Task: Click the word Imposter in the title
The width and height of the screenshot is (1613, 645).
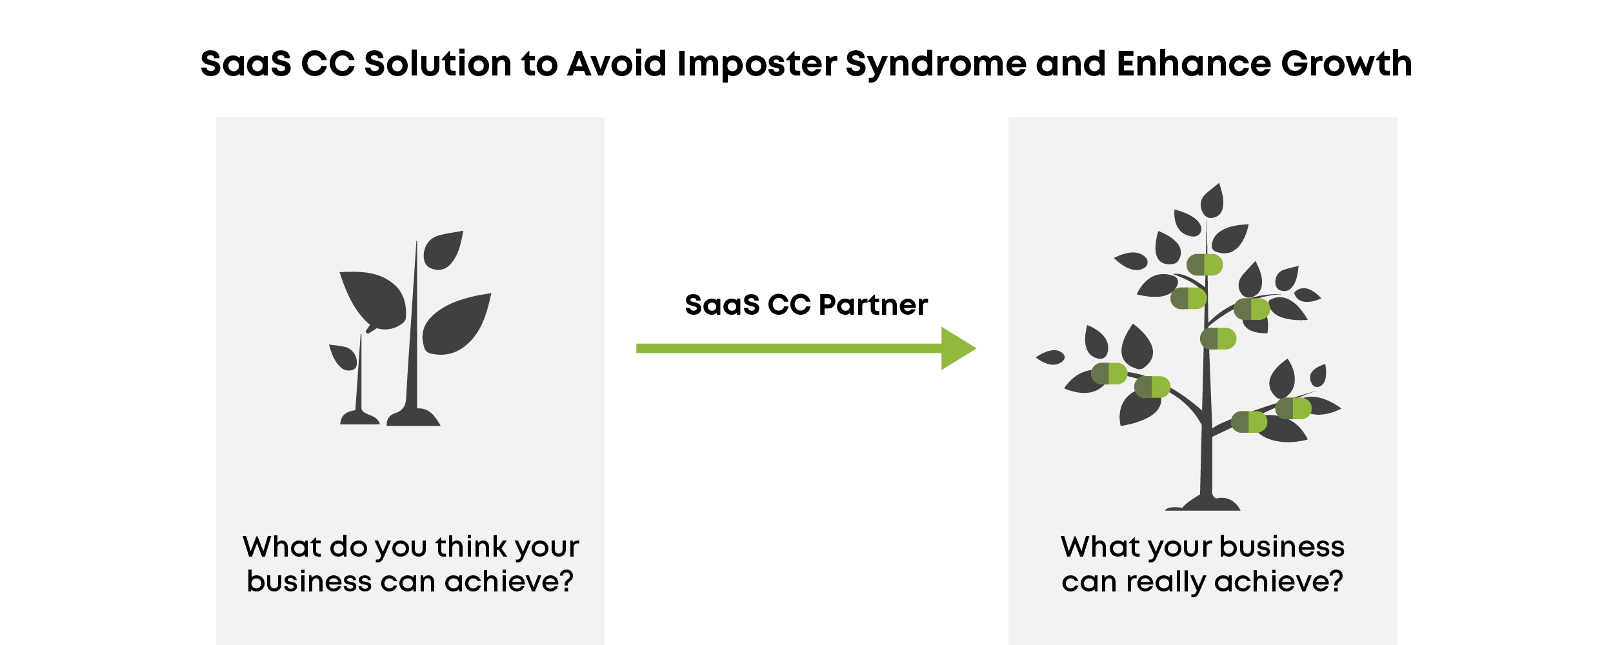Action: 757,64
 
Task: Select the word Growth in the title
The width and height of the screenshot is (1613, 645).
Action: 1347,64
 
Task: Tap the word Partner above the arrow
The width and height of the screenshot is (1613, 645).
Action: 873,305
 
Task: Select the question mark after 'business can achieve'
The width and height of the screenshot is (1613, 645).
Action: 566,581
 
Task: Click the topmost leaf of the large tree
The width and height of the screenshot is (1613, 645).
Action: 1212,201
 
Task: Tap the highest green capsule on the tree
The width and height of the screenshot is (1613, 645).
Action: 1205,264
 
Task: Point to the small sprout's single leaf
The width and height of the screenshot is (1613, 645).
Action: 344,357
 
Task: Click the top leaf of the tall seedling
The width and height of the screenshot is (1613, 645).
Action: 443,250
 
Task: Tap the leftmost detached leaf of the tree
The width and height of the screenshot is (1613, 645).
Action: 1050,357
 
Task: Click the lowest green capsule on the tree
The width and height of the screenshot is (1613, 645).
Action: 1249,422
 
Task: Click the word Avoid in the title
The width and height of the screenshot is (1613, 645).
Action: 617,64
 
